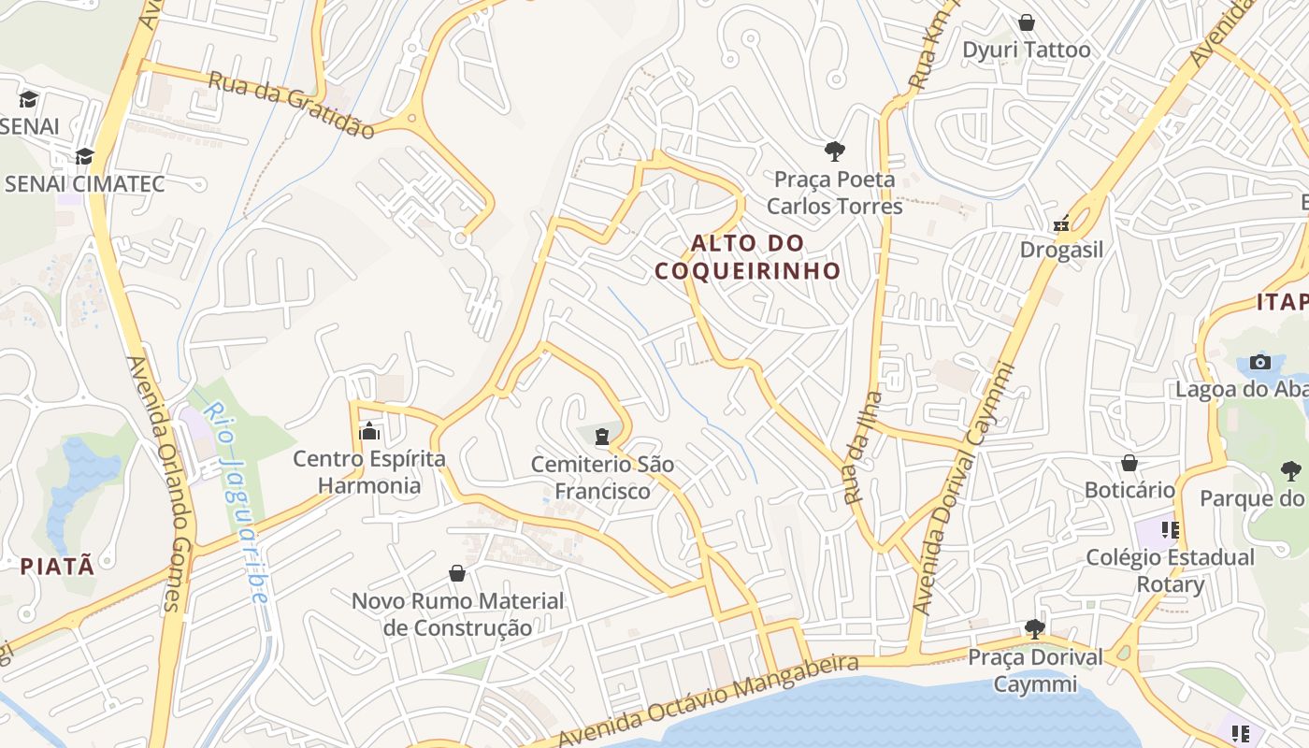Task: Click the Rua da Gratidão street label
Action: click(x=291, y=104)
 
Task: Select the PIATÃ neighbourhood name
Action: click(x=57, y=566)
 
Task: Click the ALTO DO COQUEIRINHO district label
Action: click(x=747, y=257)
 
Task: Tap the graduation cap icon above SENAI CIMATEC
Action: click(x=85, y=156)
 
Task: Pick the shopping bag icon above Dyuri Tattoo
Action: click(x=1027, y=22)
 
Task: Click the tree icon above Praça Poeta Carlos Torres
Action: click(x=834, y=151)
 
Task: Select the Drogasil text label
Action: click(x=1061, y=250)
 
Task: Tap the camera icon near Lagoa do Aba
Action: click(x=1259, y=362)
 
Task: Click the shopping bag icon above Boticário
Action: click(x=1129, y=463)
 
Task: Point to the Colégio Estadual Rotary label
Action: click(x=1170, y=570)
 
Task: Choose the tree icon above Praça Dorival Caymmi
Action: click(x=1034, y=628)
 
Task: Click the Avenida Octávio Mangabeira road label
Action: click(x=707, y=701)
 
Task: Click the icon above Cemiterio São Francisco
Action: click(x=602, y=436)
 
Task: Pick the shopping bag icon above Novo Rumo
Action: click(x=457, y=573)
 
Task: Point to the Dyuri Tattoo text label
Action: click(x=1027, y=50)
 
